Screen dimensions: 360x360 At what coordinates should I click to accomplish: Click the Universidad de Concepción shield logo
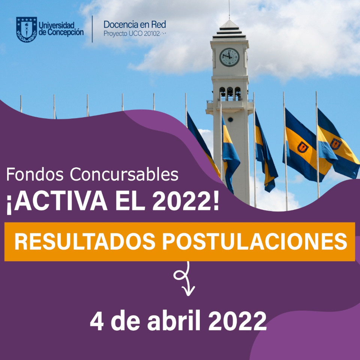26,29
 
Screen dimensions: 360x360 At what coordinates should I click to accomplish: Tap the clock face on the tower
229,57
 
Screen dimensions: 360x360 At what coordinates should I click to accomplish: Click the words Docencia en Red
135,25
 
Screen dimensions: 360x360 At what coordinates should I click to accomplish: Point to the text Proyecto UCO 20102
132,34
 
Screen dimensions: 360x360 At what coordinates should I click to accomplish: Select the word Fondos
34,174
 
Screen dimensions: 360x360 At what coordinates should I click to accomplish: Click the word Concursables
124,174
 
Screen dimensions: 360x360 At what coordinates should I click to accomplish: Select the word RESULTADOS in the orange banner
85,241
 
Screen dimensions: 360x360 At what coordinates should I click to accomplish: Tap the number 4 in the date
97,321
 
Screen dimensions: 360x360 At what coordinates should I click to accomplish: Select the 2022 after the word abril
237,321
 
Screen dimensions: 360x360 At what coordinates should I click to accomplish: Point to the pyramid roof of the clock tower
229,30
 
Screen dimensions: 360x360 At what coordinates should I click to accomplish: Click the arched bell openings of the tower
230,93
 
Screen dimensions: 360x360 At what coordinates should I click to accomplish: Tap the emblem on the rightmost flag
336,144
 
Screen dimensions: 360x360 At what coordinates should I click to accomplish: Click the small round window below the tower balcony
230,120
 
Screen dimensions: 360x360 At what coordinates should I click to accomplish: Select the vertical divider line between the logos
92,29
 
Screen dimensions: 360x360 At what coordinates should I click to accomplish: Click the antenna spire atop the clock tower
229,10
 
